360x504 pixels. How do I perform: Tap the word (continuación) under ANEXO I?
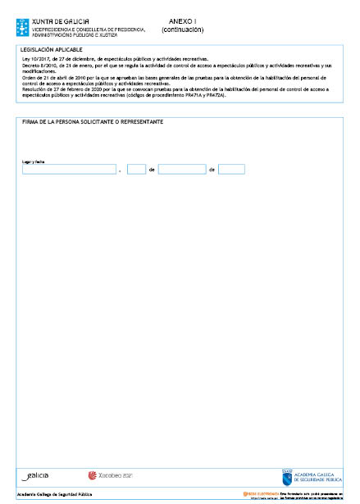point(183,30)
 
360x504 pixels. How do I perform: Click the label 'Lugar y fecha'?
point(33,161)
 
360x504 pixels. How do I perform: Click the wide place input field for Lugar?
point(69,170)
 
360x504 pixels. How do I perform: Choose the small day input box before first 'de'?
point(136,170)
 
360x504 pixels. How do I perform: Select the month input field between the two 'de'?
point(181,170)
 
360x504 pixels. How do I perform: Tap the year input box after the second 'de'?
point(231,170)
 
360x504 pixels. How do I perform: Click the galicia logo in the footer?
point(35,475)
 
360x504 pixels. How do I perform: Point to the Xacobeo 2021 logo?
point(110,475)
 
